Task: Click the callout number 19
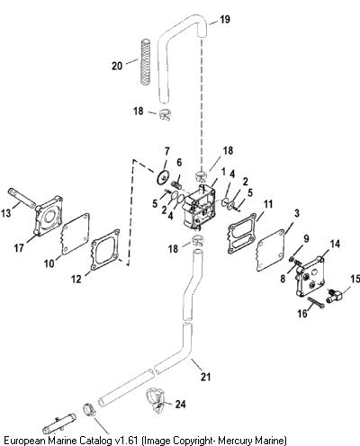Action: [225, 20]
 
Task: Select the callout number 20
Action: [117, 66]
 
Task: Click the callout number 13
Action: [5, 213]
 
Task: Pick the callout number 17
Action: [19, 248]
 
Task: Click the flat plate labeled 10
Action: [76, 234]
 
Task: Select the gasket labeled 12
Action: [105, 250]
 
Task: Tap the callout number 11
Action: [268, 204]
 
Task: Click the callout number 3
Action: [297, 213]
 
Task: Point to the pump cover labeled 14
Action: [310, 276]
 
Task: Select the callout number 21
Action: [206, 377]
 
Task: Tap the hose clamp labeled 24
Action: [156, 401]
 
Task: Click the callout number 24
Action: [180, 404]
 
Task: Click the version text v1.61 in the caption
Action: [127, 441]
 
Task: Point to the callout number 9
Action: [306, 239]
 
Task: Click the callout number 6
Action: [179, 163]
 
